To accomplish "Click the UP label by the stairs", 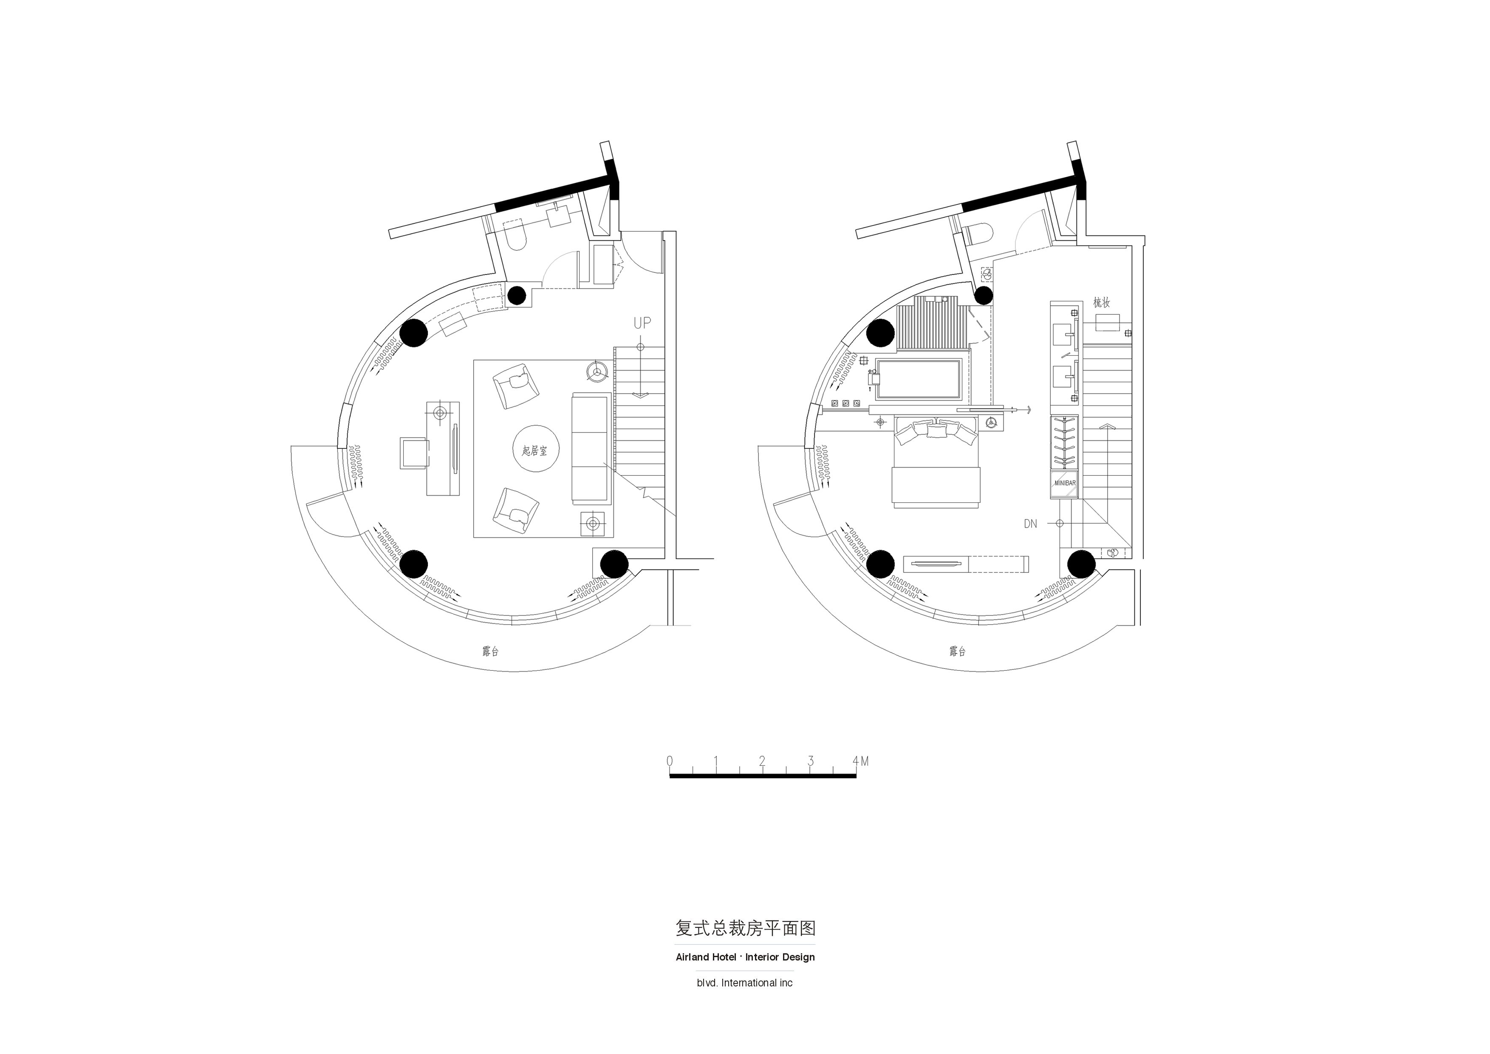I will tap(642, 323).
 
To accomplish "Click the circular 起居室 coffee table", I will tap(535, 450).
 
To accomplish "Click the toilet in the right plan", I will tap(978, 234).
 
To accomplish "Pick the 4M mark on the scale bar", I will tap(860, 761).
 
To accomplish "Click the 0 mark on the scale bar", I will tap(670, 761).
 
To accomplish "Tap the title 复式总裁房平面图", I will tap(745, 928).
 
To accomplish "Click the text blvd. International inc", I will tap(745, 983).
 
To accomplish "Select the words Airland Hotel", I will tap(705, 957).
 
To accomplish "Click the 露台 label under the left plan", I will tap(491, 651).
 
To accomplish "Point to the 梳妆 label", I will tap(1101, 303).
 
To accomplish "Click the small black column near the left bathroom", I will tap(517, 296).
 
